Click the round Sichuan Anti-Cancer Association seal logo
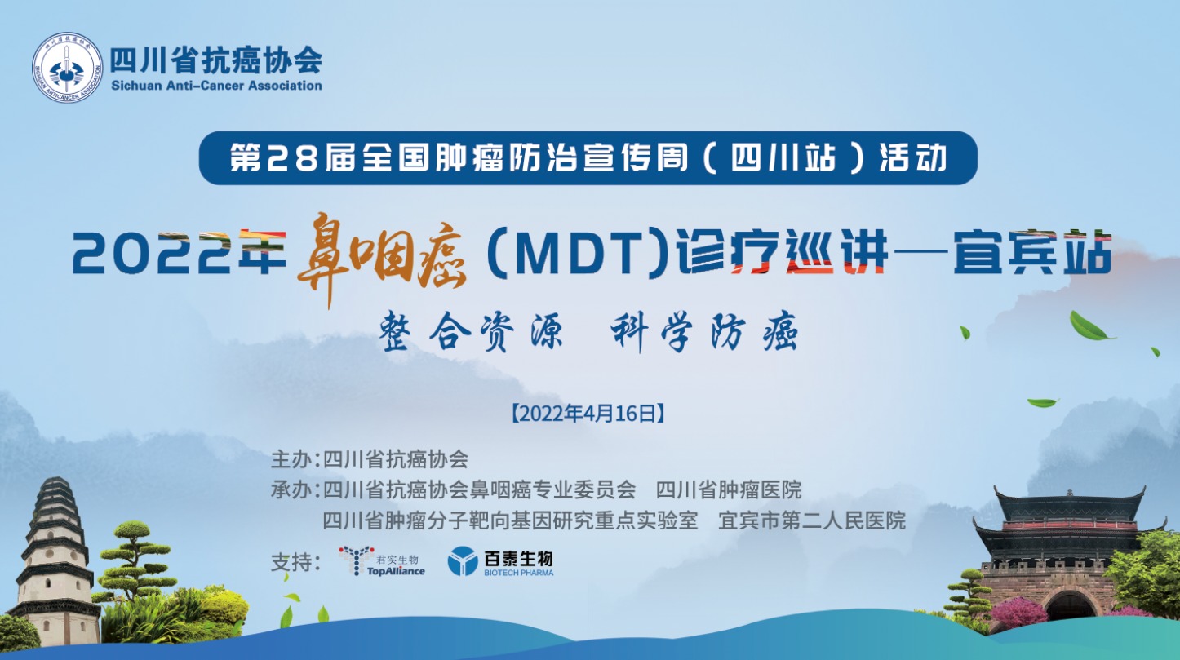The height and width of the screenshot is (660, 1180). (68, 67)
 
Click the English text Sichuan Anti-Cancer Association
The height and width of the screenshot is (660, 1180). (216, 86)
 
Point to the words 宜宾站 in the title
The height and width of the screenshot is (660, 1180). (1032, 252)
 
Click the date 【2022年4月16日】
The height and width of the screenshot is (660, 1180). (588, 414)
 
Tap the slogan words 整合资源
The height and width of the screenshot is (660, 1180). (471, 331)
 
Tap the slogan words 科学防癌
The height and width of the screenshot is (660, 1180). (704, 331)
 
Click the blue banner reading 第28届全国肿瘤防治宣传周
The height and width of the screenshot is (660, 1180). (588, 158)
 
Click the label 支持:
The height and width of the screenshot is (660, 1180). (295, 563)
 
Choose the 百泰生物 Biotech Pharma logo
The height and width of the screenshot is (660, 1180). (500, 561)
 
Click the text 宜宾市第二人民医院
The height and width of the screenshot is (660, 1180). (812, 520)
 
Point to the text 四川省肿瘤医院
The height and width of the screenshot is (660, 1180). (729, 489)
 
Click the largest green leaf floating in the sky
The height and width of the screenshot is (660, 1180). (1090, 326)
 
